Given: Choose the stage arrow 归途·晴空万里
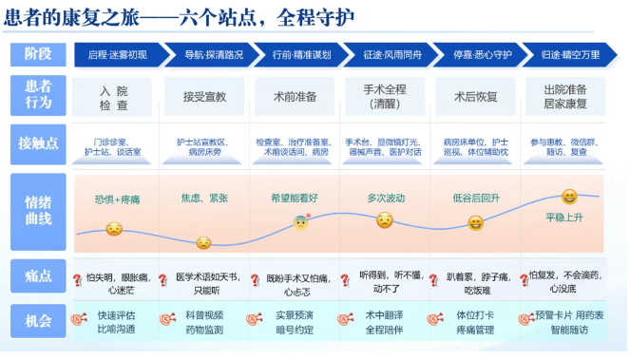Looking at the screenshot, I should (570, 55).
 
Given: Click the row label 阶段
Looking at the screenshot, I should (38, 54).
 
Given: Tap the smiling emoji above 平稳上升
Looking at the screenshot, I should (569, 198).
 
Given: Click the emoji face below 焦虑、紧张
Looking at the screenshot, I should (203, 243).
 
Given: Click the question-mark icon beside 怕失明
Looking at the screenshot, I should (77, 280).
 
